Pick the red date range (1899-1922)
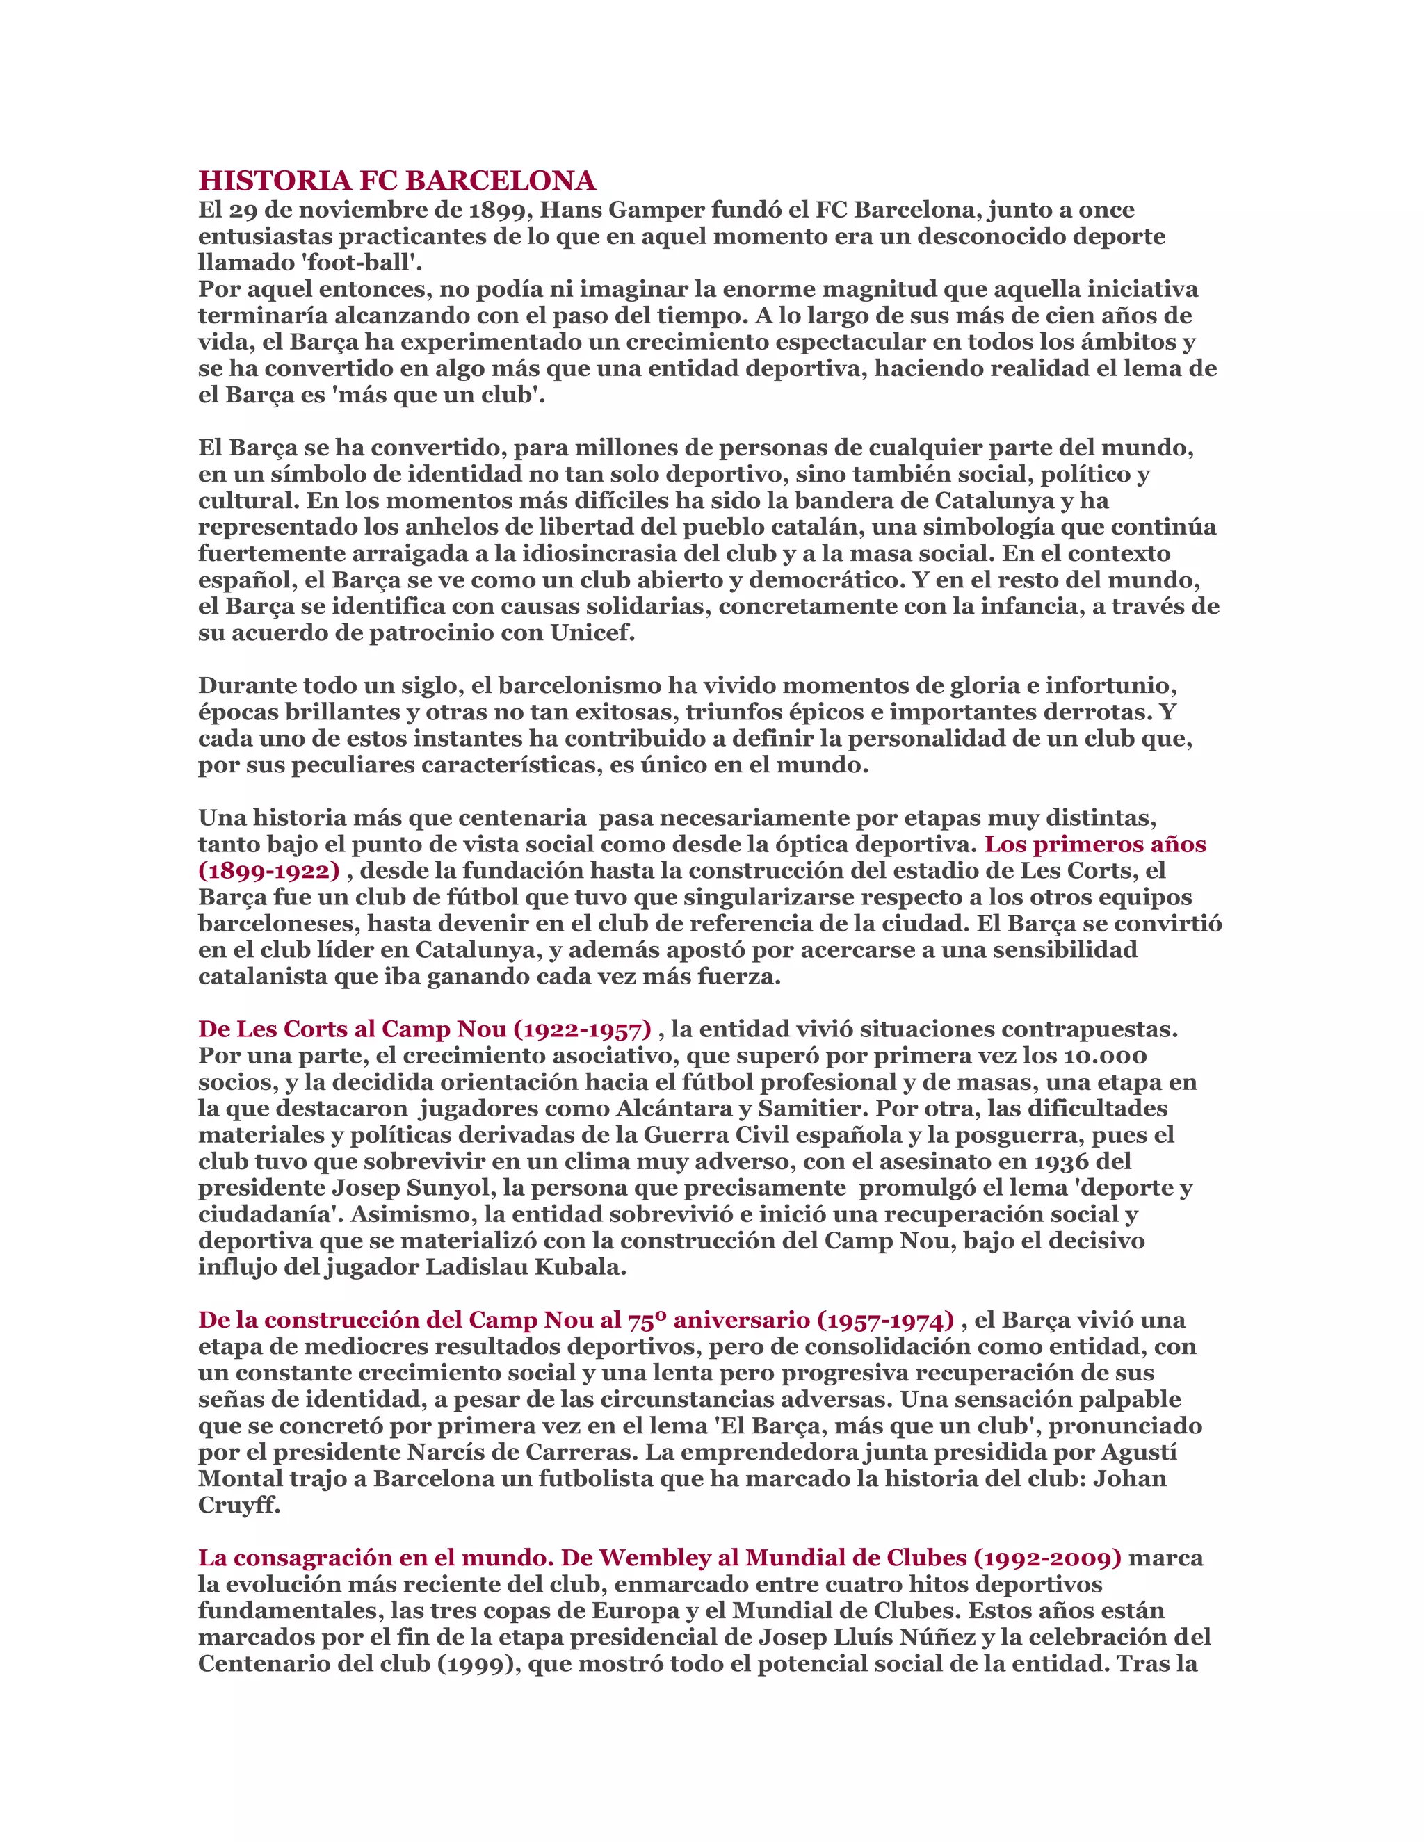coord(269,870)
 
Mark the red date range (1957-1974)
coord(886,1320)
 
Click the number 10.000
coord(1105,1056)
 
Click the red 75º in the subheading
coord(646,1320)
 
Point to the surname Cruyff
coord(238,1506)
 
